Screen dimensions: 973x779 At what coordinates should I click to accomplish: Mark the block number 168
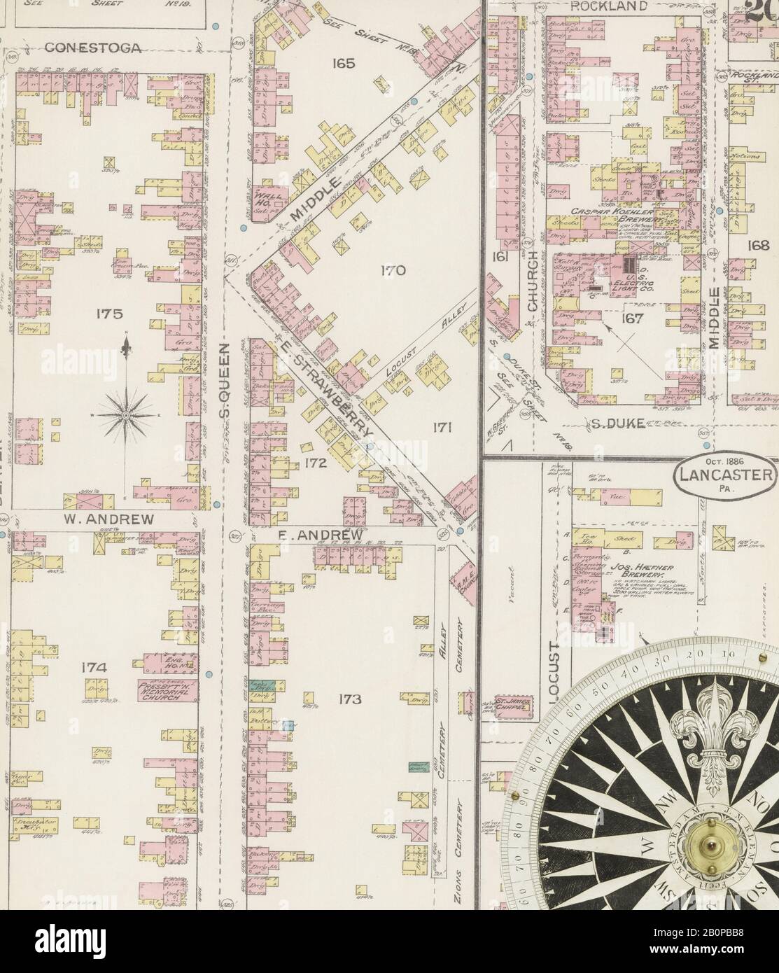(x=758, y=246)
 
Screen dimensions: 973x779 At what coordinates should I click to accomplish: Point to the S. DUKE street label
(x=617, y=423)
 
